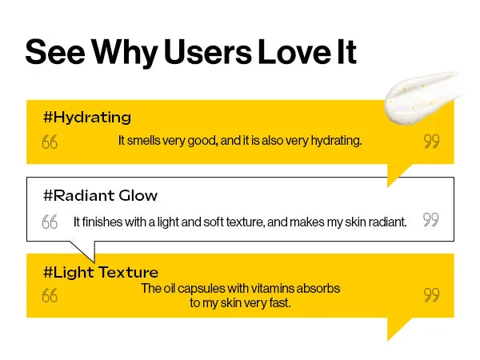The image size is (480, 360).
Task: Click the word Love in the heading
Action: click(294, 52)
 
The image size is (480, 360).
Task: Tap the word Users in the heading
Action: click(208, 52)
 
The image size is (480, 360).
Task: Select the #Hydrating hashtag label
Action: click(87, 118)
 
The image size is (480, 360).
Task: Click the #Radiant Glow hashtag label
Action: click(101, 195)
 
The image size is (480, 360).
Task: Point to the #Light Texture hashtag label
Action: click(101, 273)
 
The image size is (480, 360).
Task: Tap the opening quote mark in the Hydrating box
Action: click(50, 142)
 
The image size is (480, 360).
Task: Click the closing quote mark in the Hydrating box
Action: click(432, 141)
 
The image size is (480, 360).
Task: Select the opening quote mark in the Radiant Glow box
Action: click(50, 222)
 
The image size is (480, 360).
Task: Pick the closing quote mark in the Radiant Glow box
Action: click(431, 219)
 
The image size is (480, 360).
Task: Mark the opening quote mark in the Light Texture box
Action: click(50, 295)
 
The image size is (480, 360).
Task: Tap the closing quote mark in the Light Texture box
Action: click(432, 294)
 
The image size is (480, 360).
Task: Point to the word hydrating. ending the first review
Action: click(337, 141)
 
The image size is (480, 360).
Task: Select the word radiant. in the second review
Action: click(388, 222)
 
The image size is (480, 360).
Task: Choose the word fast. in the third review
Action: click(280, 303)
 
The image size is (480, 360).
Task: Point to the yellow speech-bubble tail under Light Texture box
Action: click(398, 327)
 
